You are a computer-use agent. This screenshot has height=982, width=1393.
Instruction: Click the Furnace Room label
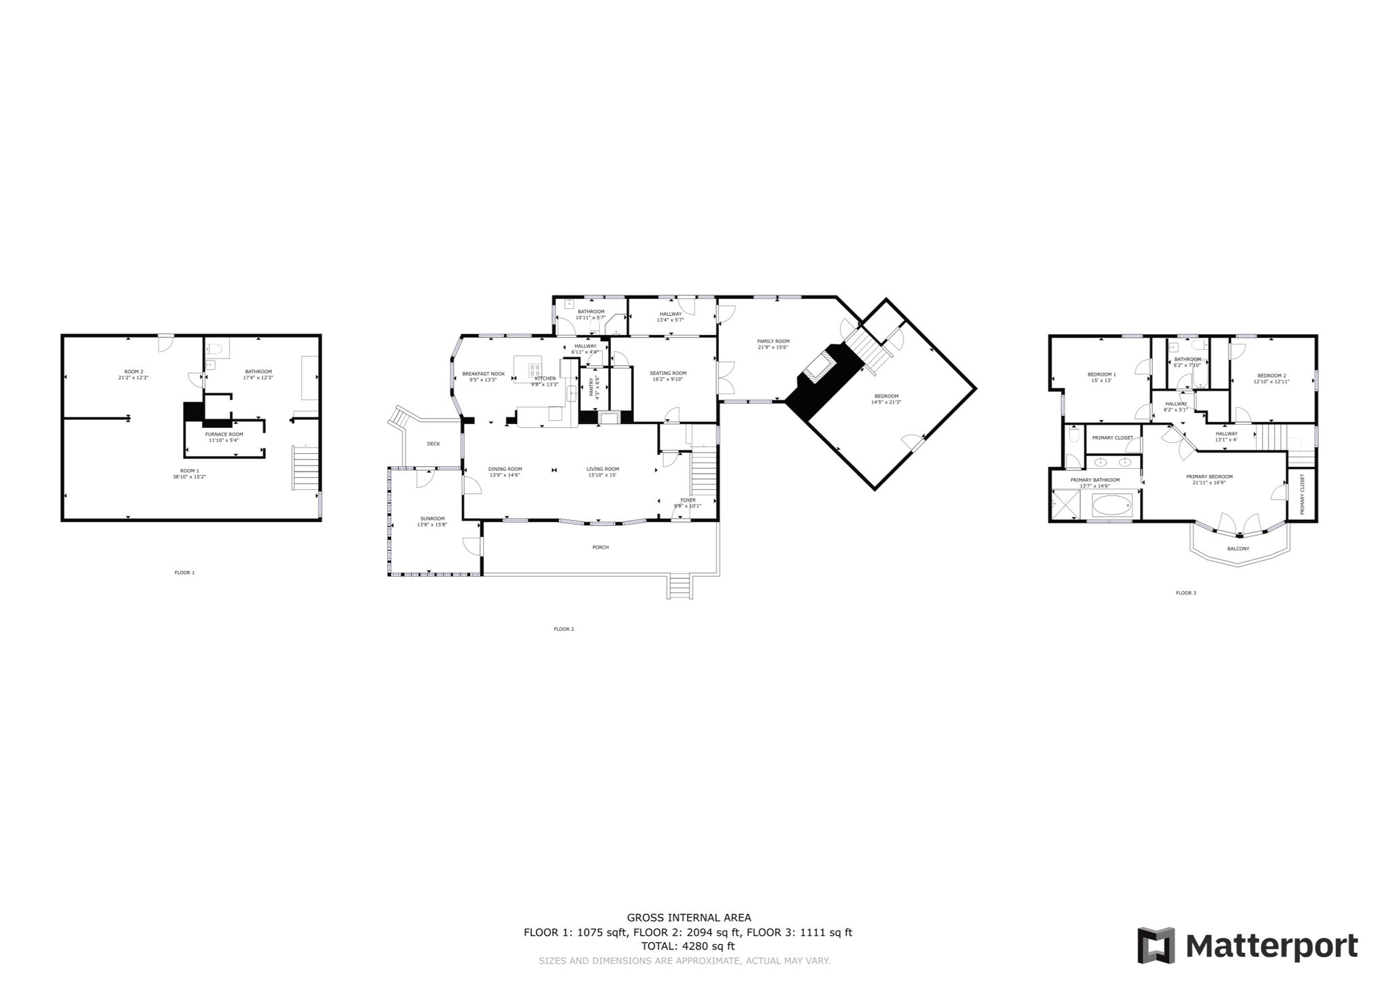[224, 434]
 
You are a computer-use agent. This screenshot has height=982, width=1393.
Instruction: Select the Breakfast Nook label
[483, 374]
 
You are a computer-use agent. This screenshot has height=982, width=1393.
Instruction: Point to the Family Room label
[773, 341]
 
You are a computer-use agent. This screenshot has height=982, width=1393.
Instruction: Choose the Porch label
[601, 547]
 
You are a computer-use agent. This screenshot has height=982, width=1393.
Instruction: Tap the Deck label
[433, 444]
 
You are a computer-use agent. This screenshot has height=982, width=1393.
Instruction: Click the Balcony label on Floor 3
[1238, 549]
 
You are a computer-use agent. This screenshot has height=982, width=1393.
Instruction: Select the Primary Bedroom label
[1209, 476]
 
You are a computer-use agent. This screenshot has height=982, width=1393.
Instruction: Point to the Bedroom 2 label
[1271, 376]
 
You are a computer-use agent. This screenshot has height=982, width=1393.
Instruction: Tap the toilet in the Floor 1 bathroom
[216, 349]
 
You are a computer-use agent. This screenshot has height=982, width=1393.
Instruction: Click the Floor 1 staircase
[305, 468]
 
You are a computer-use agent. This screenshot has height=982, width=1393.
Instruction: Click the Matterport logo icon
[1156, 945]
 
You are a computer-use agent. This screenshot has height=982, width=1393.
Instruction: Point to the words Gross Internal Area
[688, 918]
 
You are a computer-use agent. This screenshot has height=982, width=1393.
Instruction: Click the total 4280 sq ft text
[688, 946]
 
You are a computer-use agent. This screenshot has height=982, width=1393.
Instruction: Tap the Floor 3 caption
[1186, 593]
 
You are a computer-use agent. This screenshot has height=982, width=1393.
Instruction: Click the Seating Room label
[668, 373]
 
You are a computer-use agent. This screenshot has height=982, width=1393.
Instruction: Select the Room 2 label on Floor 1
[133, 372]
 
